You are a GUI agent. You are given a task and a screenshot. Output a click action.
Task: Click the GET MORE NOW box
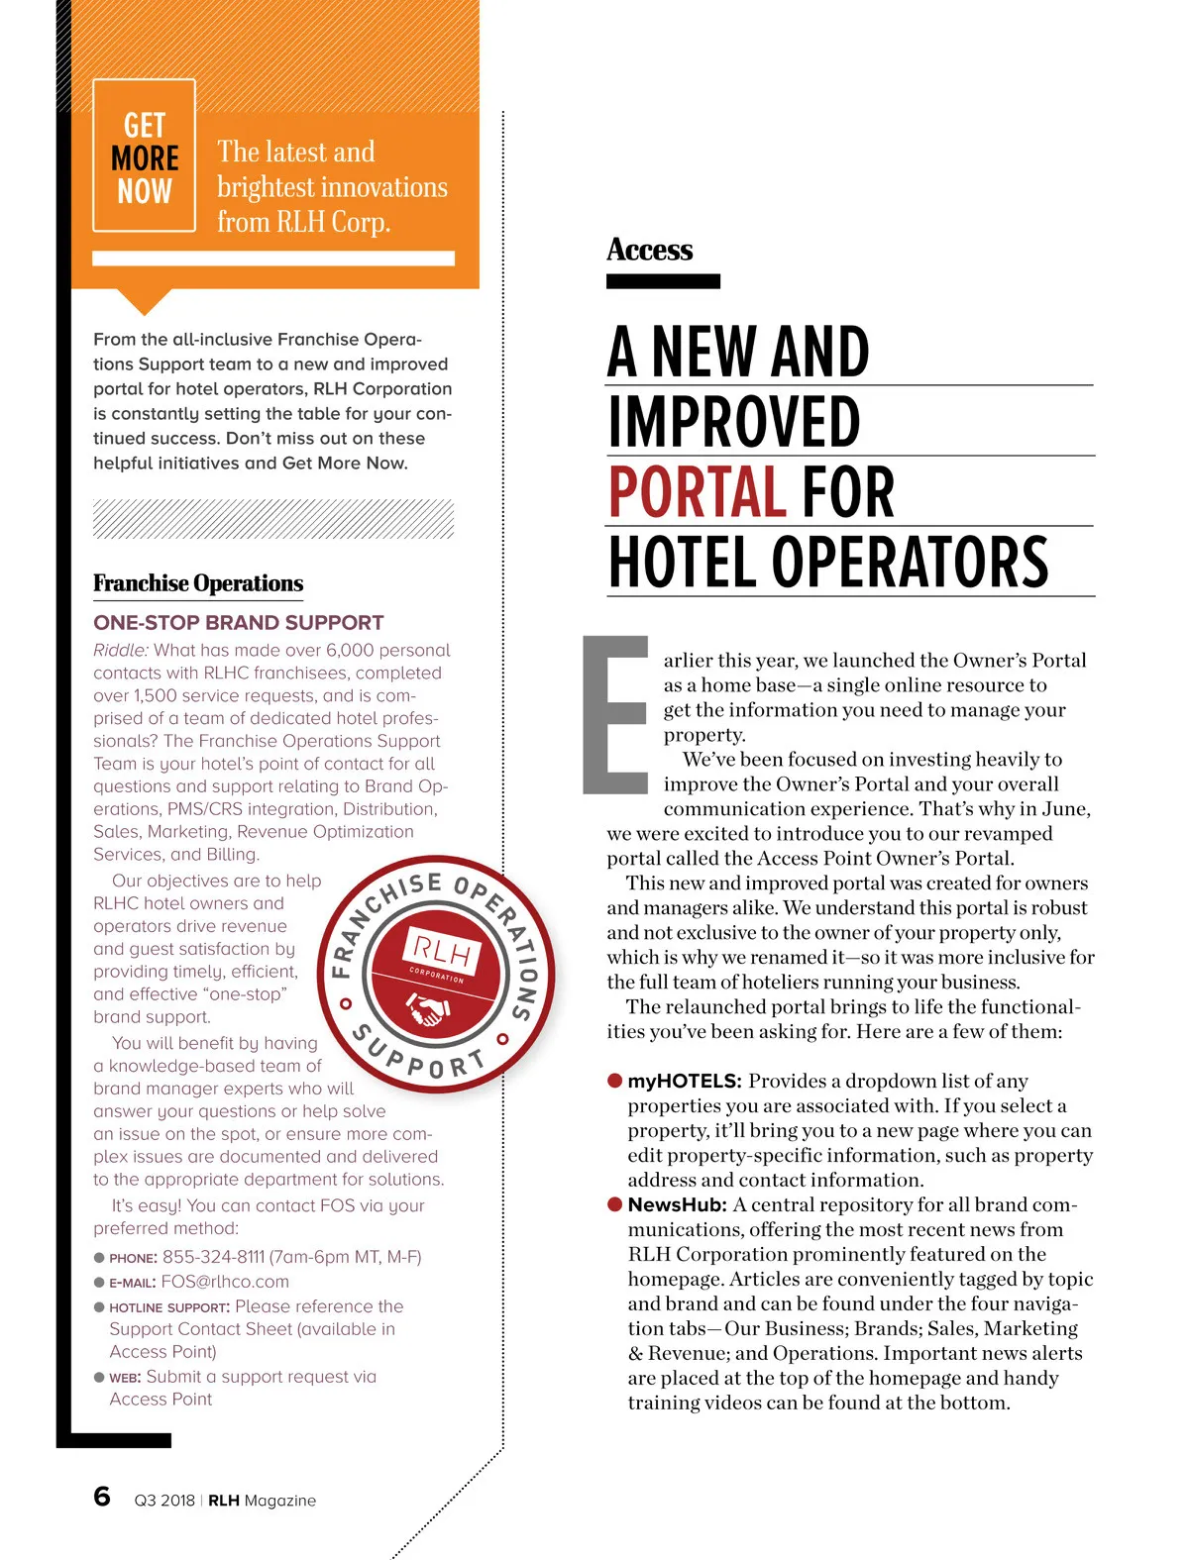tap(144, 156)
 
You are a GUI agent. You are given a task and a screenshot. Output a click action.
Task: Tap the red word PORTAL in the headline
tap(696, 492)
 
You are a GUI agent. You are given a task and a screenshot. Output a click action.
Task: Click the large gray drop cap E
tap(614, 714)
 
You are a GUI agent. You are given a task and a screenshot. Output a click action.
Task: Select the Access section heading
tap(650, 250)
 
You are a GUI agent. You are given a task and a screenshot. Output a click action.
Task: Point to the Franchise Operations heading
tap(198, 583)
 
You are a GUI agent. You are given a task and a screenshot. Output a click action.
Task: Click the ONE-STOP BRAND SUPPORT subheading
tap(238, 623)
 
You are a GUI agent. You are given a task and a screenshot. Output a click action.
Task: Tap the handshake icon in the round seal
tap(429, 1011)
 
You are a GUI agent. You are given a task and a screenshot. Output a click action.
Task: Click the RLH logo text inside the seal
tap(442, 952)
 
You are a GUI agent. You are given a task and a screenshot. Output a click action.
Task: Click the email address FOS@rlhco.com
tap(225, 1282)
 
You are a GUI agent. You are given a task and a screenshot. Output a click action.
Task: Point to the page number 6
tap(102, 1497)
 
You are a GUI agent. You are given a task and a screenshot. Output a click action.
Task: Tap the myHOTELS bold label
tap(685, 1082)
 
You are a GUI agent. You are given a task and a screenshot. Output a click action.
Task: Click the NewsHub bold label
tap(678, 1205)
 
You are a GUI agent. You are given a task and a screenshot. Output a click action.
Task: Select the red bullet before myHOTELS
tap(615, 1081)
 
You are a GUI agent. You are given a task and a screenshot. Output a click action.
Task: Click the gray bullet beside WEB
tap(99, 1378)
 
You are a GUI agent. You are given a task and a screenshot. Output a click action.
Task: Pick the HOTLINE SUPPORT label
tap(169, 1307)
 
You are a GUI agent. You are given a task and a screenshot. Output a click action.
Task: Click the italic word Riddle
tap(121, 651)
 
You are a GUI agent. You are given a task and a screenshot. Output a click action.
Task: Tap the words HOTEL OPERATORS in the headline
tap(828, 563)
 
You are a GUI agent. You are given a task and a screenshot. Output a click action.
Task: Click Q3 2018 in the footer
tap(164, 1501)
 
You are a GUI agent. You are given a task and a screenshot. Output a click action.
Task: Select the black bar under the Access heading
tap(663, 282)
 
